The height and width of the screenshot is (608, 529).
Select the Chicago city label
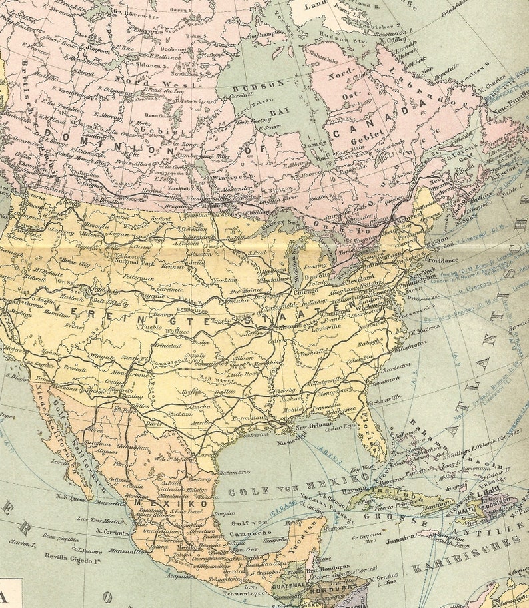(305, 291)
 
